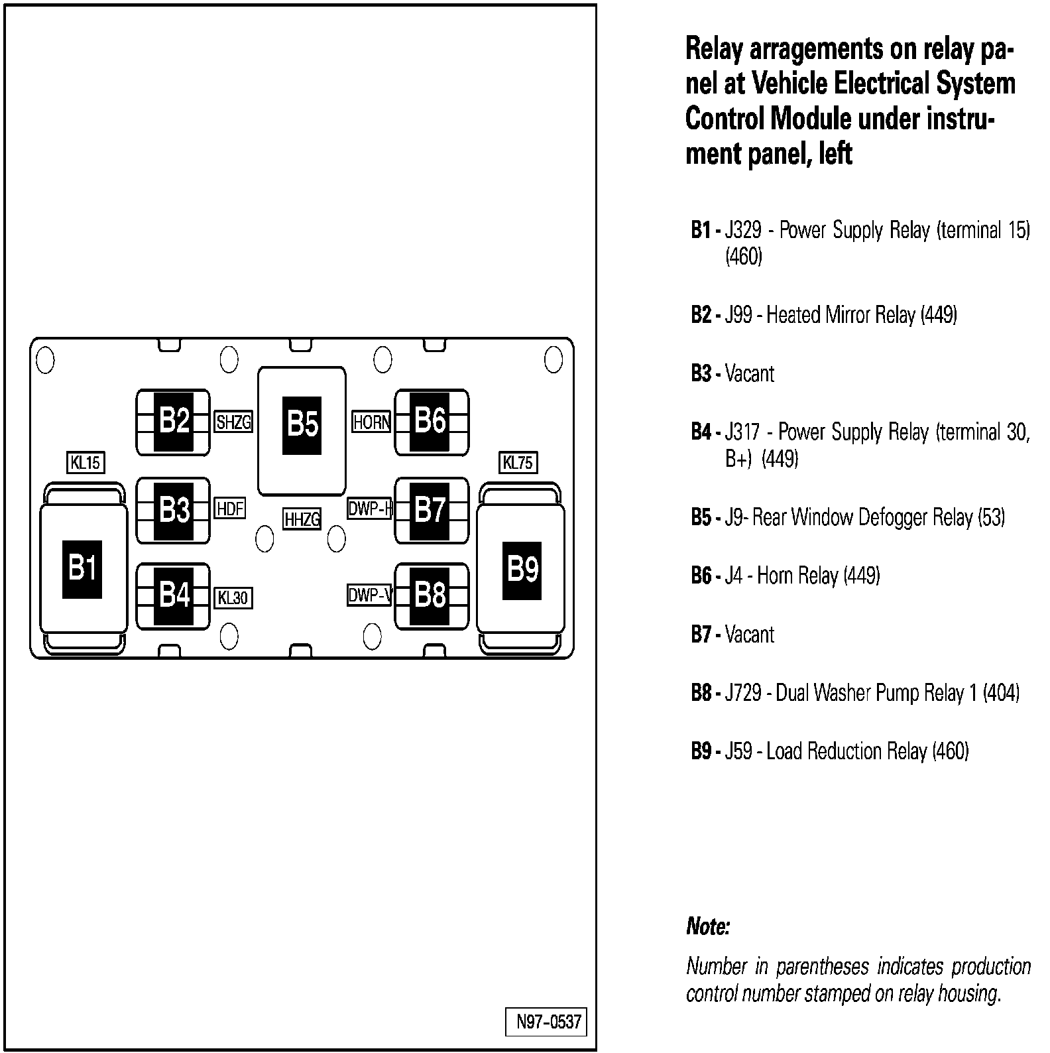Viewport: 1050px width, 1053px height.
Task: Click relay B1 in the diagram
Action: tap(83, 569)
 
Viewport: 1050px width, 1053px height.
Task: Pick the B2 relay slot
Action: tap(174, 421)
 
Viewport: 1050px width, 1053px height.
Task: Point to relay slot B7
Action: tap(430, 510)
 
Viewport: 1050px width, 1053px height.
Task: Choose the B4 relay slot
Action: tap(174, 595)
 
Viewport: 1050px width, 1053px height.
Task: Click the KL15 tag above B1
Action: tap(86, 462)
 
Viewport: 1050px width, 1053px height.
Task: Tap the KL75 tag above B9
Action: tap(518, 462)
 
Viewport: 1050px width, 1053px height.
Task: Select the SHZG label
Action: tap(233, 422)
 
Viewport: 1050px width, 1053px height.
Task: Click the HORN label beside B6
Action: tap(371, 422)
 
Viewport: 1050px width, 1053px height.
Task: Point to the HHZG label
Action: tap(302, 519)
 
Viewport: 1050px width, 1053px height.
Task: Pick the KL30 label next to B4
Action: tap(233, 598)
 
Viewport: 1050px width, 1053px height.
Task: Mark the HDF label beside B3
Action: tap(230, 509)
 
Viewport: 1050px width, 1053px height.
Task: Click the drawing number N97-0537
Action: tap(548, 1022)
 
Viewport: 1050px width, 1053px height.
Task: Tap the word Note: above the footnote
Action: tap(708, 926)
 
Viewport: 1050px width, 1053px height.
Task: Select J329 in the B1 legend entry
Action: tap(742, 231)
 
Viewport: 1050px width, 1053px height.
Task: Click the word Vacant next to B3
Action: tap(749, 373)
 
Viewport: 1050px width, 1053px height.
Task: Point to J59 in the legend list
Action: tap(738, 751)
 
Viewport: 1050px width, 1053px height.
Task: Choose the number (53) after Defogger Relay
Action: tap(992, 517)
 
